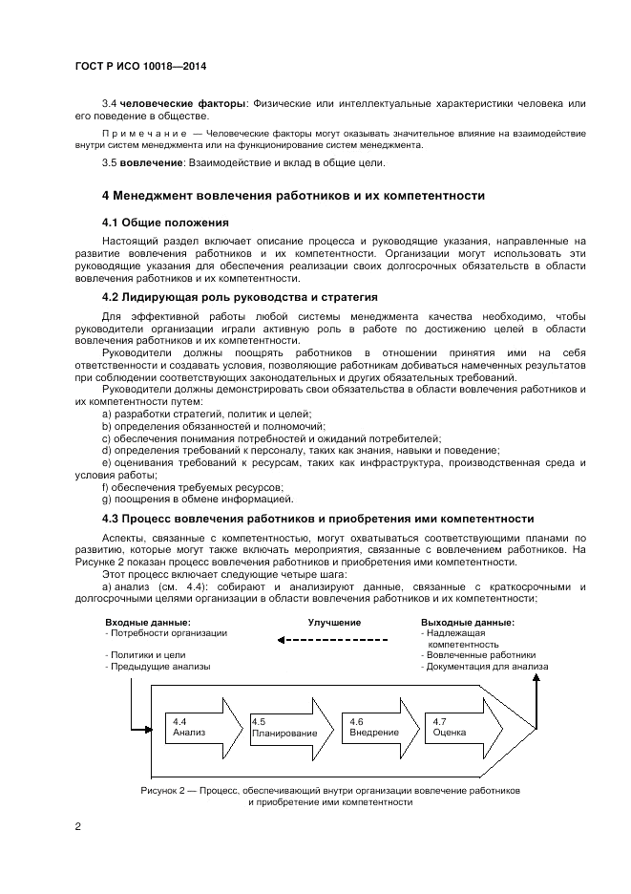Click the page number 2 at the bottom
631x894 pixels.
(77, 825)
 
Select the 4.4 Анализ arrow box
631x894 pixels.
(200, 727)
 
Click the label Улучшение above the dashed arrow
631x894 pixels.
(334, 622)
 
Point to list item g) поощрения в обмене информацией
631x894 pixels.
(198, 500)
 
